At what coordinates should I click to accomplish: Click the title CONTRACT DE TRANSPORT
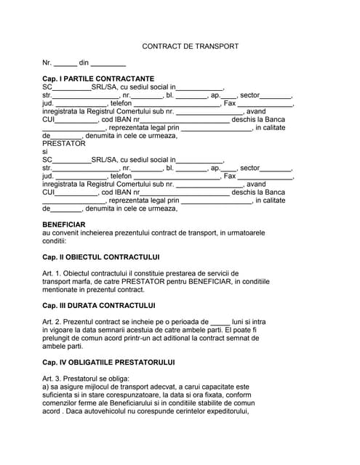(190, 46)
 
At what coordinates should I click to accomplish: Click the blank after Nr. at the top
(65, 64)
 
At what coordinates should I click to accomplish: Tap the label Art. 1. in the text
(53, 272)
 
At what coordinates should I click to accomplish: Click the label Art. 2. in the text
(53, 321)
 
